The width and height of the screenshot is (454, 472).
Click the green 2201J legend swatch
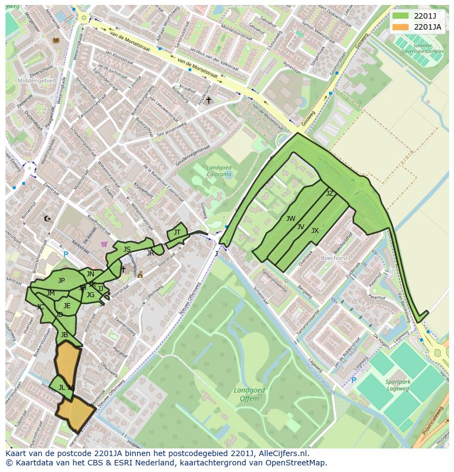pyautogui.click(x=401, y=15)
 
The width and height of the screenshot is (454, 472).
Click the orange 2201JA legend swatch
pyautogui.click(x=401, y=26)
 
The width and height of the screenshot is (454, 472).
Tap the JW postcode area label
pyautogui.click(x=291, y=219)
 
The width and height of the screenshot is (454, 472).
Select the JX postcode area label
pyautogui.click(x=315, y=231)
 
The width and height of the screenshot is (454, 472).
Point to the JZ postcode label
pyautogui.click(x=330, y=194)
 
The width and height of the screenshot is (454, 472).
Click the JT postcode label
pyautogui.click(x=177, y=232)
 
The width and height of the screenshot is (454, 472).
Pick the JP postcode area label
pyautogui.click(x=61, y=281)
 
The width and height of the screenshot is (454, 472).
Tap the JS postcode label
pyautogui.click(x=127, y=249)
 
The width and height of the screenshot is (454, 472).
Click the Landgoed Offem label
pyautogui.click(x=249, y=394)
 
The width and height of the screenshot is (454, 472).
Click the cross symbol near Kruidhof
pyautogui.click(x=208, y=100)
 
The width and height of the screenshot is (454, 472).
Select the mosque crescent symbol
pyautogui.click(x=47, y=219)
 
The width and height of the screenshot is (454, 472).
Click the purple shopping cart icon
pyautogui.click(x=104, y=244)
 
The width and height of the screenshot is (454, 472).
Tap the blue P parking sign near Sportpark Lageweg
pyautogui.click(x=354, y=380)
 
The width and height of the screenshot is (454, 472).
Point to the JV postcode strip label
pyautogui.click(x=300, y=226)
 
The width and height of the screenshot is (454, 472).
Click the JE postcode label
pyautogui.click(x=67, y=306)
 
